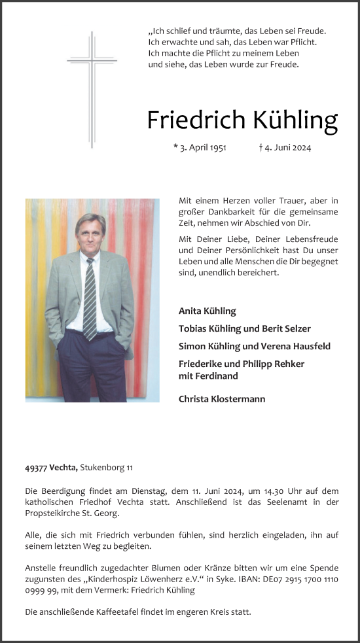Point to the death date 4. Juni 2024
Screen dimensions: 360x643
pyautogui.click(x=285, y=148)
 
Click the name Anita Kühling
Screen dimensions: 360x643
pyautogui.click(x=207, y=311)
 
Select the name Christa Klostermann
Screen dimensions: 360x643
pyautogui.click(x=222, y=398)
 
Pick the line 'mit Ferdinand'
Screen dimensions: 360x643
pyautogui.click(x=207, y=375)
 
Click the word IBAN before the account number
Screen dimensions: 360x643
pyautogui.click(x=243, y=579)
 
